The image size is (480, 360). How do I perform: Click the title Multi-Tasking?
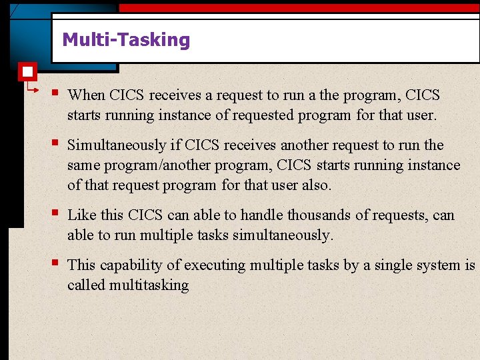coord(126,40)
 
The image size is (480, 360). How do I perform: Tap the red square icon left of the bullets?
coord(27,71)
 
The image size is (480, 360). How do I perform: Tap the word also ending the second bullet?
coord(316,185)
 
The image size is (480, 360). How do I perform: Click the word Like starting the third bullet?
coord(82,215)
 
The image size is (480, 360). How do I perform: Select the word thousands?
coord(305,215)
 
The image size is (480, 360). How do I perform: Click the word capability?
coord(131,265)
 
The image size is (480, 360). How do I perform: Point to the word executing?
coord(215,265)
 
